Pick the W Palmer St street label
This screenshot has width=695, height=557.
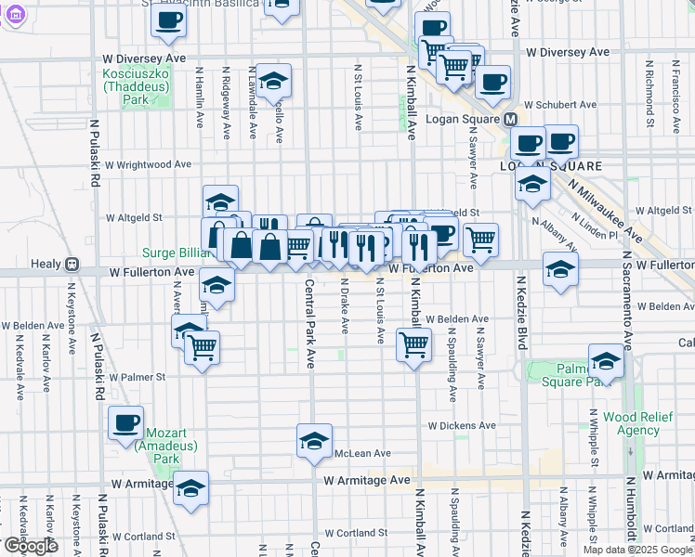coord(137,378)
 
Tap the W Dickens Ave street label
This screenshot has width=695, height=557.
coord(462,426)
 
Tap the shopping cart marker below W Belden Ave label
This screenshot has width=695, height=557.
coord(413,345)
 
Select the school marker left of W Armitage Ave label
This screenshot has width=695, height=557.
coord(190,488)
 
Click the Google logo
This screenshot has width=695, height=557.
coord(30,546)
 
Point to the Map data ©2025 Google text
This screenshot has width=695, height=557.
coord(637,550)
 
